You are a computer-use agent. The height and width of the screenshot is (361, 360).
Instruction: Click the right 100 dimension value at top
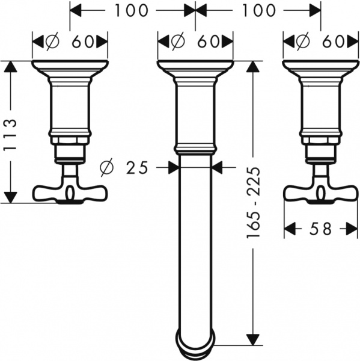coord(260,11)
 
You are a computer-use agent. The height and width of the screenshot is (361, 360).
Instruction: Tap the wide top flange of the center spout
coord(195,65)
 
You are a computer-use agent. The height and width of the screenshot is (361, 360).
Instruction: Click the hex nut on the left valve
coord(69,141)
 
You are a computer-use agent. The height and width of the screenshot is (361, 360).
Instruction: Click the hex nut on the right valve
coord(320,141)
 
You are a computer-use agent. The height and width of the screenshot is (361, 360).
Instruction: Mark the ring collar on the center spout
coord(195,148)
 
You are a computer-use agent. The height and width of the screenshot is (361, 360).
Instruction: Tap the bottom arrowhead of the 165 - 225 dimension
coord(255,339)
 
